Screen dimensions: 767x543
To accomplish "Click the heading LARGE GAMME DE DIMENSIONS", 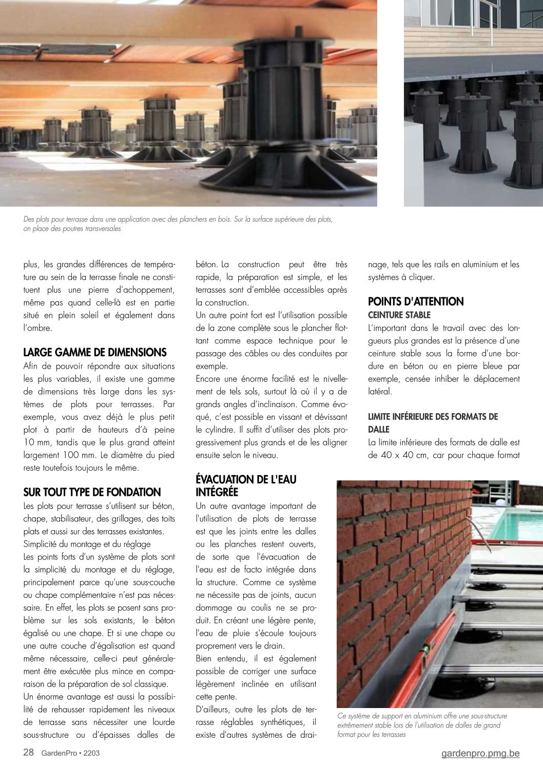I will point(95,353).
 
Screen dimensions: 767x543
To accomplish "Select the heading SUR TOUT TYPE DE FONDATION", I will point(92,493).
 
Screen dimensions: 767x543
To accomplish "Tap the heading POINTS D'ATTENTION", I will point(416,301).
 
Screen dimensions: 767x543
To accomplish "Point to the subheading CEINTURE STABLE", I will point(399,315).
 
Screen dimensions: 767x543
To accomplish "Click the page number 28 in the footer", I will point(29,753).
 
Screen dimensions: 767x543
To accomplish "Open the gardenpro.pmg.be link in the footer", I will point(480,753).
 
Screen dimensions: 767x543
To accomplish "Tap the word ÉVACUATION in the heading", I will point(226,480).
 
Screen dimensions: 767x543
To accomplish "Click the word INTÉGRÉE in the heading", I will point(217,492).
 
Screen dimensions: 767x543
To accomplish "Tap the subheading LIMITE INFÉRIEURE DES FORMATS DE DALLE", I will point(433,423).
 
